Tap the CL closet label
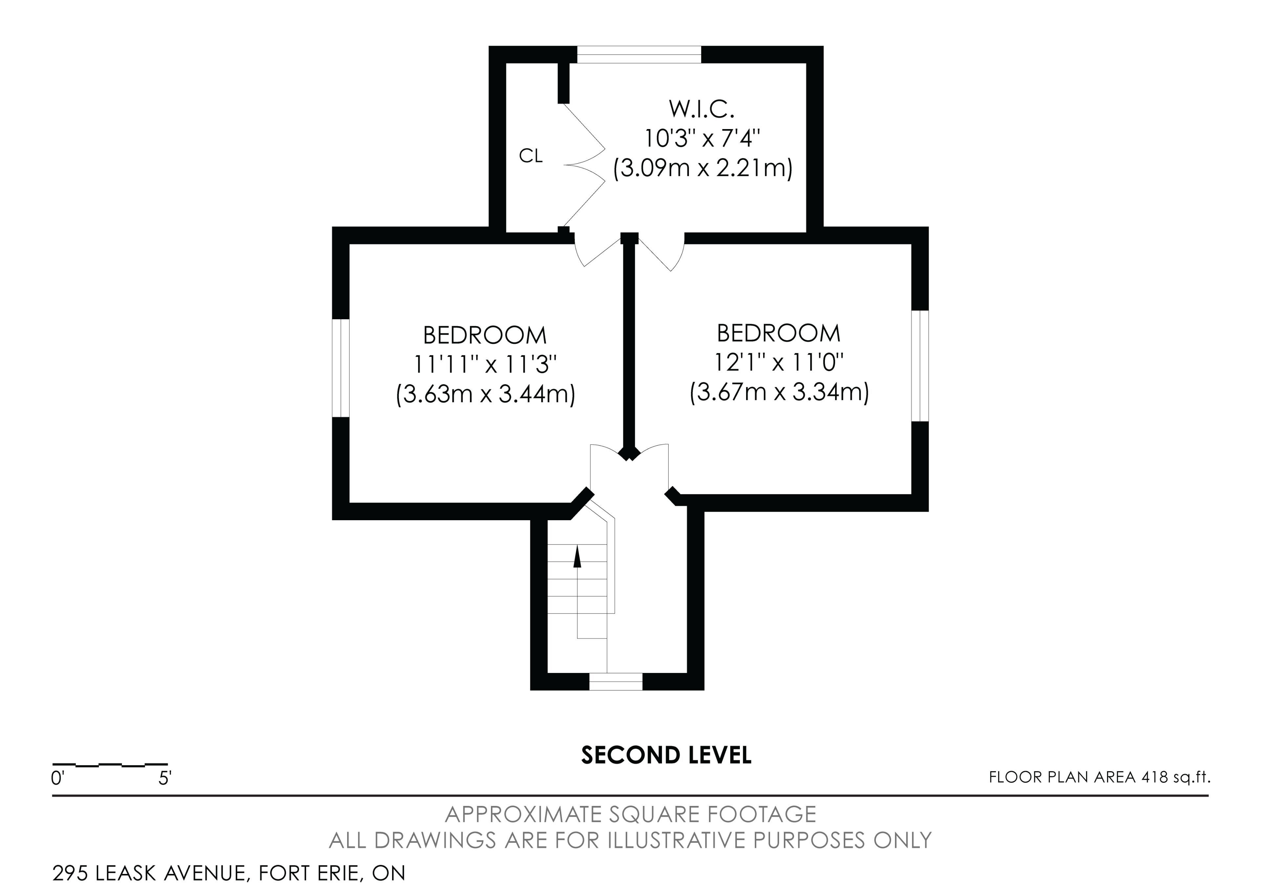click(x=531, y=157)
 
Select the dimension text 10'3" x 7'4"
click(x=702, y=139)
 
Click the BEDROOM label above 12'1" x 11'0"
click(x=779, y=333)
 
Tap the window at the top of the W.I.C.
click(x=639, y=55)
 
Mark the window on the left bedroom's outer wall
click(x=341, y=368)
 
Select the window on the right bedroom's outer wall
click(x=920, y=366)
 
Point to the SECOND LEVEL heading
click(x=666, y=755)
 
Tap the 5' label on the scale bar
click(x=165, y=779)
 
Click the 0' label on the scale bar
click(x=58, y=779)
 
